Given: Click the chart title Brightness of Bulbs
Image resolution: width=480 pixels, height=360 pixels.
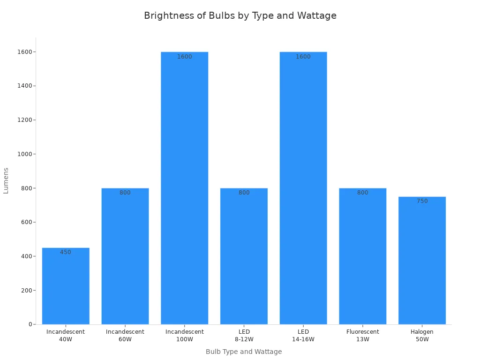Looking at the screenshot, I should click(240, 15).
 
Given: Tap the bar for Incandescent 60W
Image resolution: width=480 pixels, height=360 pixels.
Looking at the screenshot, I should click(125, 258).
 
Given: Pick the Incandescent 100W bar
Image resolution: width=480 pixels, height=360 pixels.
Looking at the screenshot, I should click(185, 187).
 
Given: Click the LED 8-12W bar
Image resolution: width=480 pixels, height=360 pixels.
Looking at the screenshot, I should click(244, 258).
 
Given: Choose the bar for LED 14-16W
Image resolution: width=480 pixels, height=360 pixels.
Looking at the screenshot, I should click(303, 187).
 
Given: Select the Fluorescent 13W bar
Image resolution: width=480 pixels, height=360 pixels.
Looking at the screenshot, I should click(363, 258).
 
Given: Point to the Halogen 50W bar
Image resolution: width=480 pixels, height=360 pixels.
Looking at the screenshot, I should click(422, 262).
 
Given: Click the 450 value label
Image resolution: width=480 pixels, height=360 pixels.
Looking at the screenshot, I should click(66, 252).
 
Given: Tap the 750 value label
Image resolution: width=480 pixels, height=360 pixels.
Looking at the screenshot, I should click(422, 201).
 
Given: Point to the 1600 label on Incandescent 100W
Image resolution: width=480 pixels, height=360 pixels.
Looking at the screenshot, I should click(185, 57).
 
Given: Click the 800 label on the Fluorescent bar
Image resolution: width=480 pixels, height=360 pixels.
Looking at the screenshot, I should click(363, 193).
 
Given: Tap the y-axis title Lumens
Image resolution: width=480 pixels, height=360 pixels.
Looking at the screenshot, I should click(6, 180).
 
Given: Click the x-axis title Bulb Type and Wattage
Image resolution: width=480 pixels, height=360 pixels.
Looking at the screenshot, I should click(244, 352).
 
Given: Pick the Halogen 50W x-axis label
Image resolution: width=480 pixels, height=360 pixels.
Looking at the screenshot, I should click(422, 335).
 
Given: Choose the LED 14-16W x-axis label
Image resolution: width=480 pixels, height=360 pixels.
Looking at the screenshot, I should click(303, 335).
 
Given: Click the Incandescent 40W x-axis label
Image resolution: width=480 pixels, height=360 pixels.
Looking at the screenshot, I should click(66, 335).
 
